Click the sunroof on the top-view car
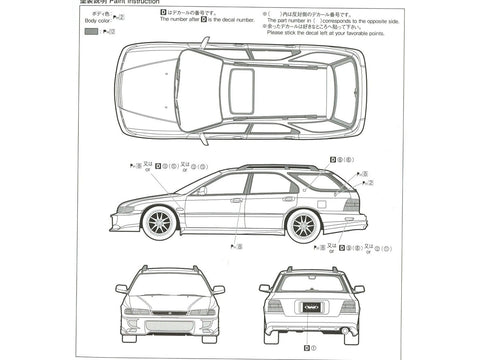coord(241,90)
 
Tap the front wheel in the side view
coord(161,220)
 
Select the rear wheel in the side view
coord(303,223)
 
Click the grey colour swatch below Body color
coord(91,31)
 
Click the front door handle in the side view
coord(237,200)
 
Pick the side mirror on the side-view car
coord(201,189)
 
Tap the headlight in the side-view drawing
coord(126,209)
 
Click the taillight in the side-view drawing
coord(351,204)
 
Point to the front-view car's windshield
coord(169,282)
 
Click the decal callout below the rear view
coord(308,348)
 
